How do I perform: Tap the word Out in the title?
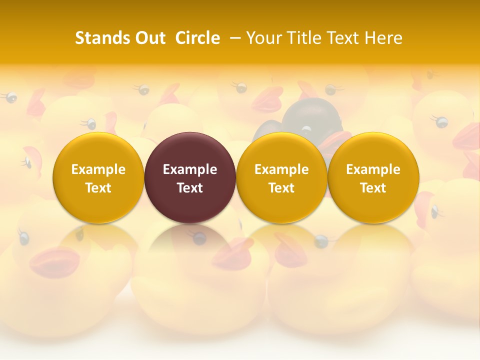[148, 38]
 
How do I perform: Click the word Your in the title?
[263, 38]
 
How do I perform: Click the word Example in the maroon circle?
[190, 169]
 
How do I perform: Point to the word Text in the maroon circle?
[190, 188]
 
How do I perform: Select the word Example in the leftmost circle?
[98, 169]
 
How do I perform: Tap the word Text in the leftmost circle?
[98, 188]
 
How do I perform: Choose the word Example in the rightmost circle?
[373, 169]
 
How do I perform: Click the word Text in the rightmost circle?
[373, 188]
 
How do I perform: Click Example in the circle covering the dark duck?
[281, 169]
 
